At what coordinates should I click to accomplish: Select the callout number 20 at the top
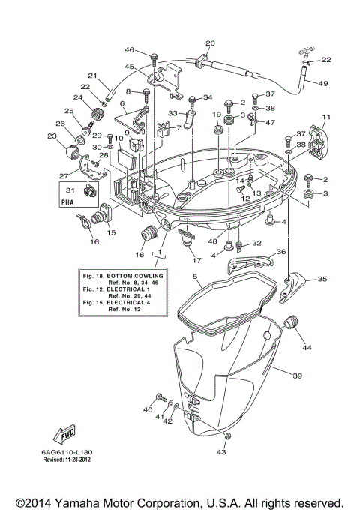[x=210, y=43]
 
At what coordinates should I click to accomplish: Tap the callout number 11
[x=326, y=118]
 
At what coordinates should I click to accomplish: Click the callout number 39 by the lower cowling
[x=297, y=375]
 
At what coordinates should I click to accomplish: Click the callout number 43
[x=220, y=452]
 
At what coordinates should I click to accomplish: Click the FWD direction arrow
[x=64, y=434]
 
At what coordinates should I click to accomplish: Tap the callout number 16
[x=94, y=242]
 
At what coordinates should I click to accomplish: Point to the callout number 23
[x=51, y=136]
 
